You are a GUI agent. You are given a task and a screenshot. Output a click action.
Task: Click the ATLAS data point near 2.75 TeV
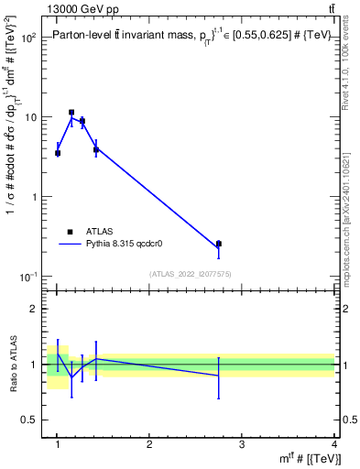(x=218, y=244)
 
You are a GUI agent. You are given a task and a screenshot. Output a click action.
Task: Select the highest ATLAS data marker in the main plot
(x=71, y=113)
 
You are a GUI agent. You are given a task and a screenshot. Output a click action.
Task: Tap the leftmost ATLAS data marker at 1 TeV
(x=58, y=153)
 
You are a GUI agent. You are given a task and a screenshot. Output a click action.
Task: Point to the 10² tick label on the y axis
(x=27, y=38)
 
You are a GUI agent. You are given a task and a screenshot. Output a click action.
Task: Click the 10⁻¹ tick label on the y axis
(x=27, y=277)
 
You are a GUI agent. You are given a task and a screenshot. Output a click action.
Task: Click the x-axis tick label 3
(x=242, y=444)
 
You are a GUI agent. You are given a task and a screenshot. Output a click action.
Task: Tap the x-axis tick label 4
(x=334, y=444)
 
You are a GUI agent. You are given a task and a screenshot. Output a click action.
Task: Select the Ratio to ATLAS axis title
(x=13, y=364)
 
